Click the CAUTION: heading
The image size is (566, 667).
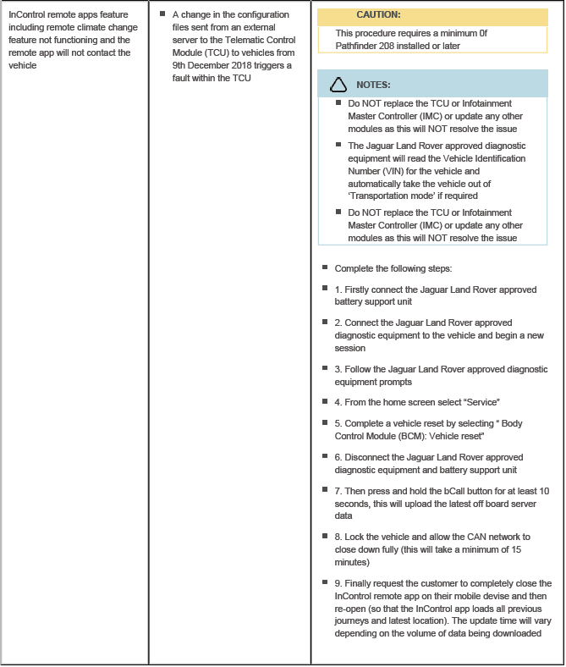pyautogui.click(x=378, y=15)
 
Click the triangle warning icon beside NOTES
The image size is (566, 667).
pyautogui.click(x=338, y=85)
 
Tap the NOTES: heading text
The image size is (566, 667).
pyautogui.click(x=373, y=85)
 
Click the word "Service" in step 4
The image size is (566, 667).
pyautogui.click(x=480, y=402)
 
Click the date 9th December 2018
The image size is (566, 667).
pyautogui.click(x=212, y=65)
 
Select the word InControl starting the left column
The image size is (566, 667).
pyautogui.click(x=29, y=15)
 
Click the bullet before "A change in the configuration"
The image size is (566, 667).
pyautogui.click(x=162, y=14)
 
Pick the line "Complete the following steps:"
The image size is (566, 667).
pyautogui.click(x=393, y=268)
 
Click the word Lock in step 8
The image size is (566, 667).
pyautogui.click(x=355, y=537)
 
